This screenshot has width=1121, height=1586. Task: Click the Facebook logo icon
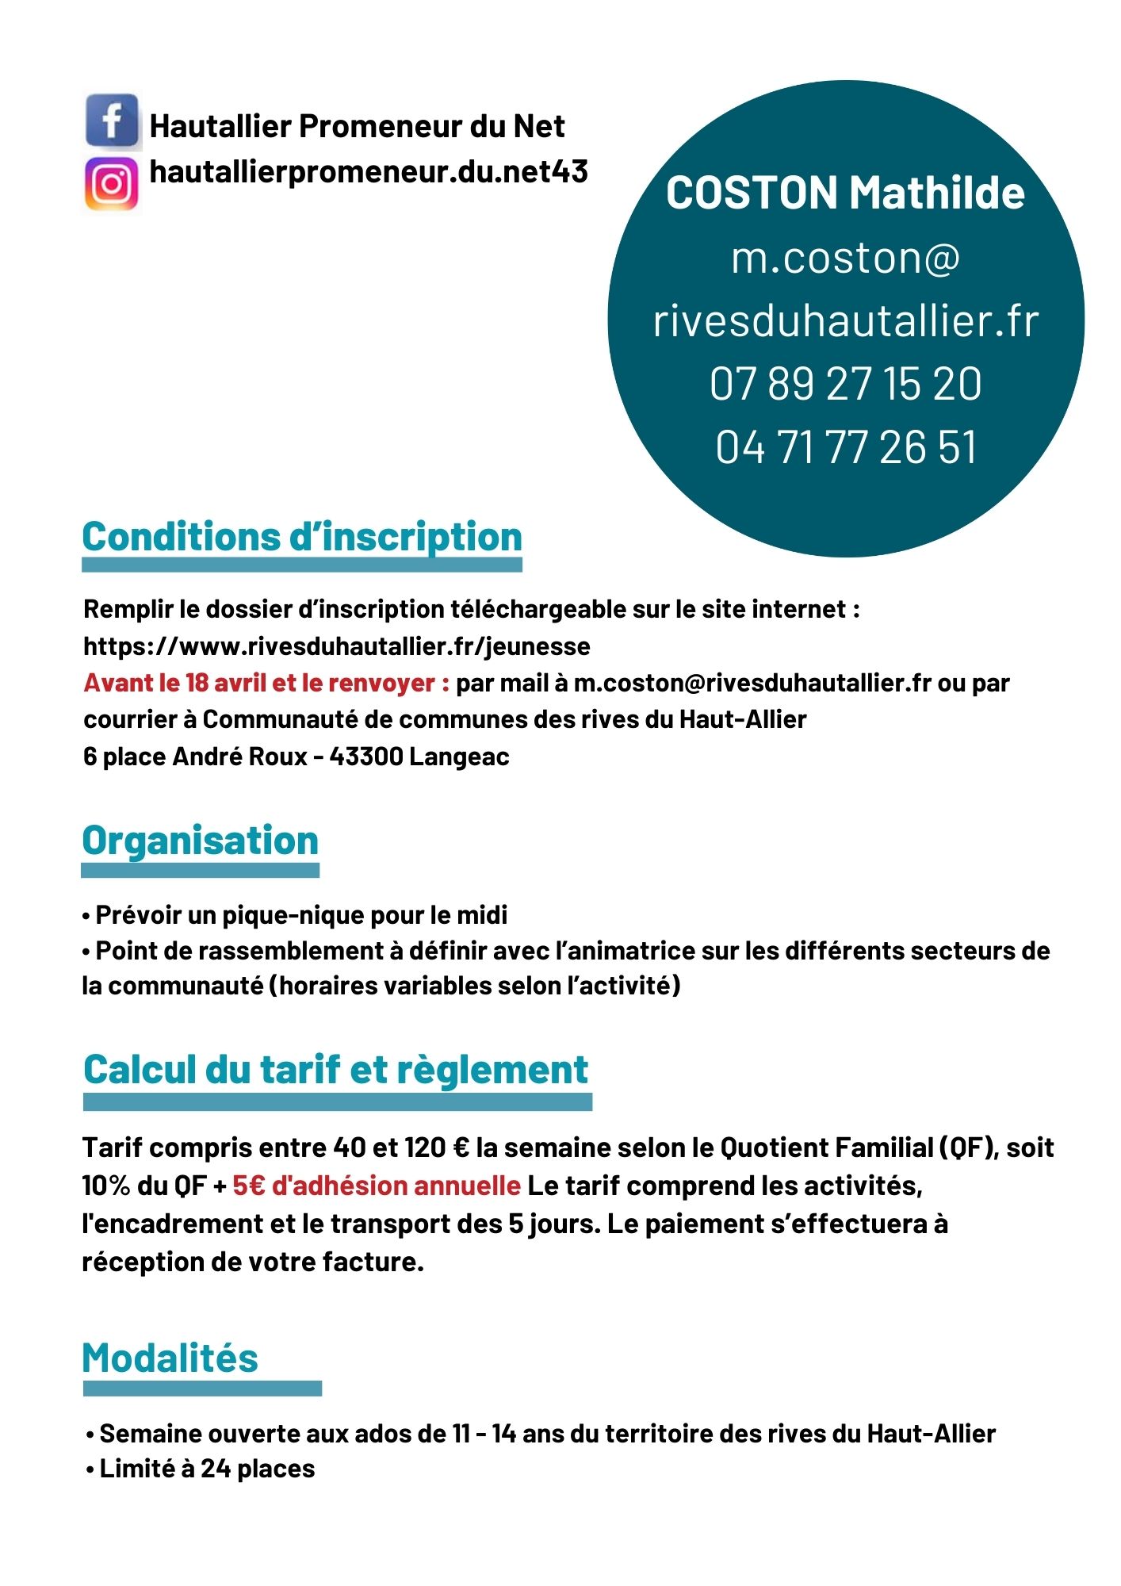tap(113, 121)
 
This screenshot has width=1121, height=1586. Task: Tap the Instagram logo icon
tap(112, 184)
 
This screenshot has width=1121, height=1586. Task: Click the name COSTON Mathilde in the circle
tap(845, 193)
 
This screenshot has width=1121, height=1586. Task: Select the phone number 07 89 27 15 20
tap(845, 384)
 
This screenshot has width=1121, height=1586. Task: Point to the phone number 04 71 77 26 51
tap(845, 447)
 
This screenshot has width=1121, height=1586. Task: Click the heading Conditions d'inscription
tap(302, 537)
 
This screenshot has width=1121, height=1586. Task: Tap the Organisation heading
tap(200, 841)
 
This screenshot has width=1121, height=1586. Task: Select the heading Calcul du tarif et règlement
tap(336, 1070)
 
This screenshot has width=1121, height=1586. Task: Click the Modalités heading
tap(170, 1358)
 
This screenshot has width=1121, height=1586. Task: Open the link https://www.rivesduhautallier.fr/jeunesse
tap(337, 646)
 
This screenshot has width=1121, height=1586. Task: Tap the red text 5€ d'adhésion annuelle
tap(377, 1186)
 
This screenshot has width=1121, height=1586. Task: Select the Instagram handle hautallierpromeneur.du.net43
tap(369, 171)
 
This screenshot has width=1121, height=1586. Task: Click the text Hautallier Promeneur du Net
tap(357, 126)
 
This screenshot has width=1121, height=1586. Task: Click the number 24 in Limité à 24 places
tap(215, 1469)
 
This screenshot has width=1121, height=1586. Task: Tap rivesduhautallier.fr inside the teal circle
tap(845, 320)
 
